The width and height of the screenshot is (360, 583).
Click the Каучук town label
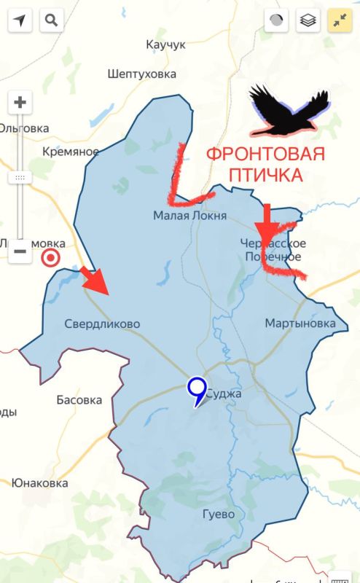[165, 44]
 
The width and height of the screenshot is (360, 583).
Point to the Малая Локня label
[189, 215]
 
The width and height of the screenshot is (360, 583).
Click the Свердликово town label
[102, 324]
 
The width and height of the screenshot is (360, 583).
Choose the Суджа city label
[223, 394]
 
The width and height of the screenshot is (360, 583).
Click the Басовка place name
[79, 399]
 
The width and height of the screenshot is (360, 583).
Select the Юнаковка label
[39, 482]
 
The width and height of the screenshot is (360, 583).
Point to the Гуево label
[219, 514]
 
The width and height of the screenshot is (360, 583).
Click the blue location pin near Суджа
[196, 390]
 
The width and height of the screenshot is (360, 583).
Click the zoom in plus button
[20, 103]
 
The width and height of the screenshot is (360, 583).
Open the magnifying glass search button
[50, 20]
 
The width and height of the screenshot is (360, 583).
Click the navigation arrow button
[20, 20]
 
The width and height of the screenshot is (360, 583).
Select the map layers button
[308, 20]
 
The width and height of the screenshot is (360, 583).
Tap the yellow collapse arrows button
[339, 20]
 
